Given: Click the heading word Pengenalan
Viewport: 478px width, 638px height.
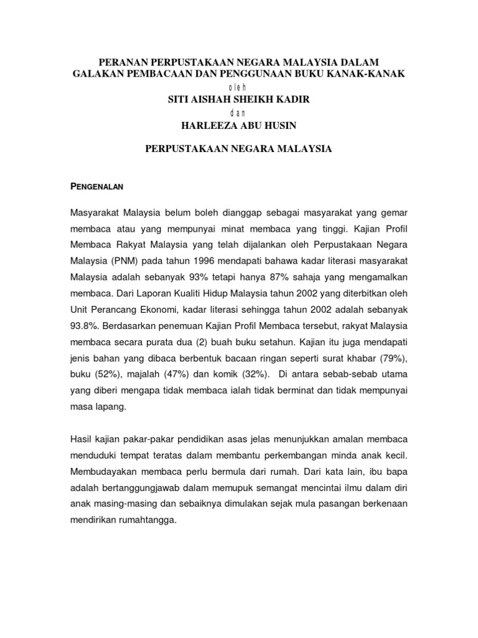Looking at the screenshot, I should [x=97, y=186].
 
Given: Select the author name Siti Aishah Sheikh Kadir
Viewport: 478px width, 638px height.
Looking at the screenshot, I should [x=238, y=100].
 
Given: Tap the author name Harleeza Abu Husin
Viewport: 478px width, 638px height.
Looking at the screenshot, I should [x=238, y=126].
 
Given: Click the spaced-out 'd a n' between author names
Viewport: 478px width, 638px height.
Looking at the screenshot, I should [x=238, y=113].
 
